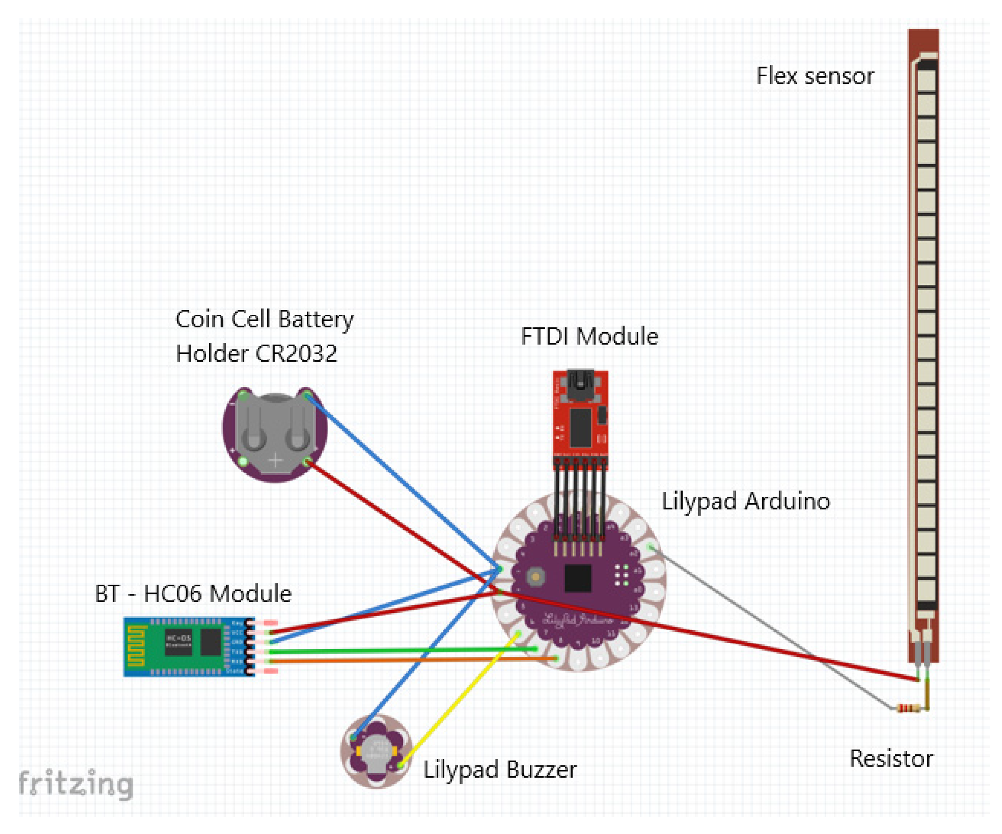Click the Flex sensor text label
click(815, 76)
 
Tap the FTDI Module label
click(589, 337)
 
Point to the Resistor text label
click(891, 759)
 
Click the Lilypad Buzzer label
click(500, 770)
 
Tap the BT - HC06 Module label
click(193, 594)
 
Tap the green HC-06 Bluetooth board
click(188, 647)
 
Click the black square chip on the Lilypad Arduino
click(578, 578)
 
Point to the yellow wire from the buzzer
click(458, 699)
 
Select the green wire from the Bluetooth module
click(406, 650)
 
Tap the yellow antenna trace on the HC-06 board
click(135, 647)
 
